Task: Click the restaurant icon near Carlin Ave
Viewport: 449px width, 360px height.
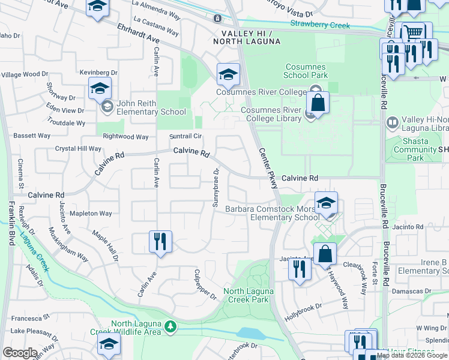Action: (160, 242)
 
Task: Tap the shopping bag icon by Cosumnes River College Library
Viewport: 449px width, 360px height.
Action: (318, 103)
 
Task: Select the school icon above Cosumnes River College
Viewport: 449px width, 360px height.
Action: (228, 74)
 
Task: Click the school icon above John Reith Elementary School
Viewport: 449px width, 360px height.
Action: (100, 89)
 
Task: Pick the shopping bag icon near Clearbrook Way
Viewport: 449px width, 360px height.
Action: (325, 254)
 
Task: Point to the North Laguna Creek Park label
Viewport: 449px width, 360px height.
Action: (249, 295)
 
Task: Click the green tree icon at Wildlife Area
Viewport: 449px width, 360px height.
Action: (171, 327)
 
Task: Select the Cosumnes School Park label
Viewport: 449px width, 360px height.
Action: (306, 71)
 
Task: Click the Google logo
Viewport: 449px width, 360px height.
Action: (20, 352)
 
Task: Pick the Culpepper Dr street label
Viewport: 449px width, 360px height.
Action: (204, 286)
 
